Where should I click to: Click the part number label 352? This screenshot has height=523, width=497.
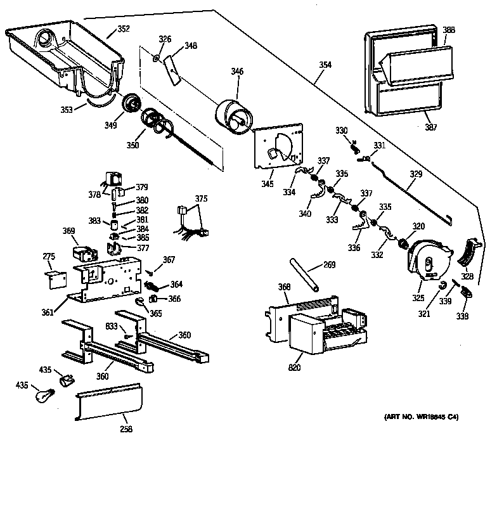(123, 29)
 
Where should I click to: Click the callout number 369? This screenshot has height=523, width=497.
(68, 232)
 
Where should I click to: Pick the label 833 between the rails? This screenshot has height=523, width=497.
(112, 326)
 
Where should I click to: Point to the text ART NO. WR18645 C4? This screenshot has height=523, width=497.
(421, 416)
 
